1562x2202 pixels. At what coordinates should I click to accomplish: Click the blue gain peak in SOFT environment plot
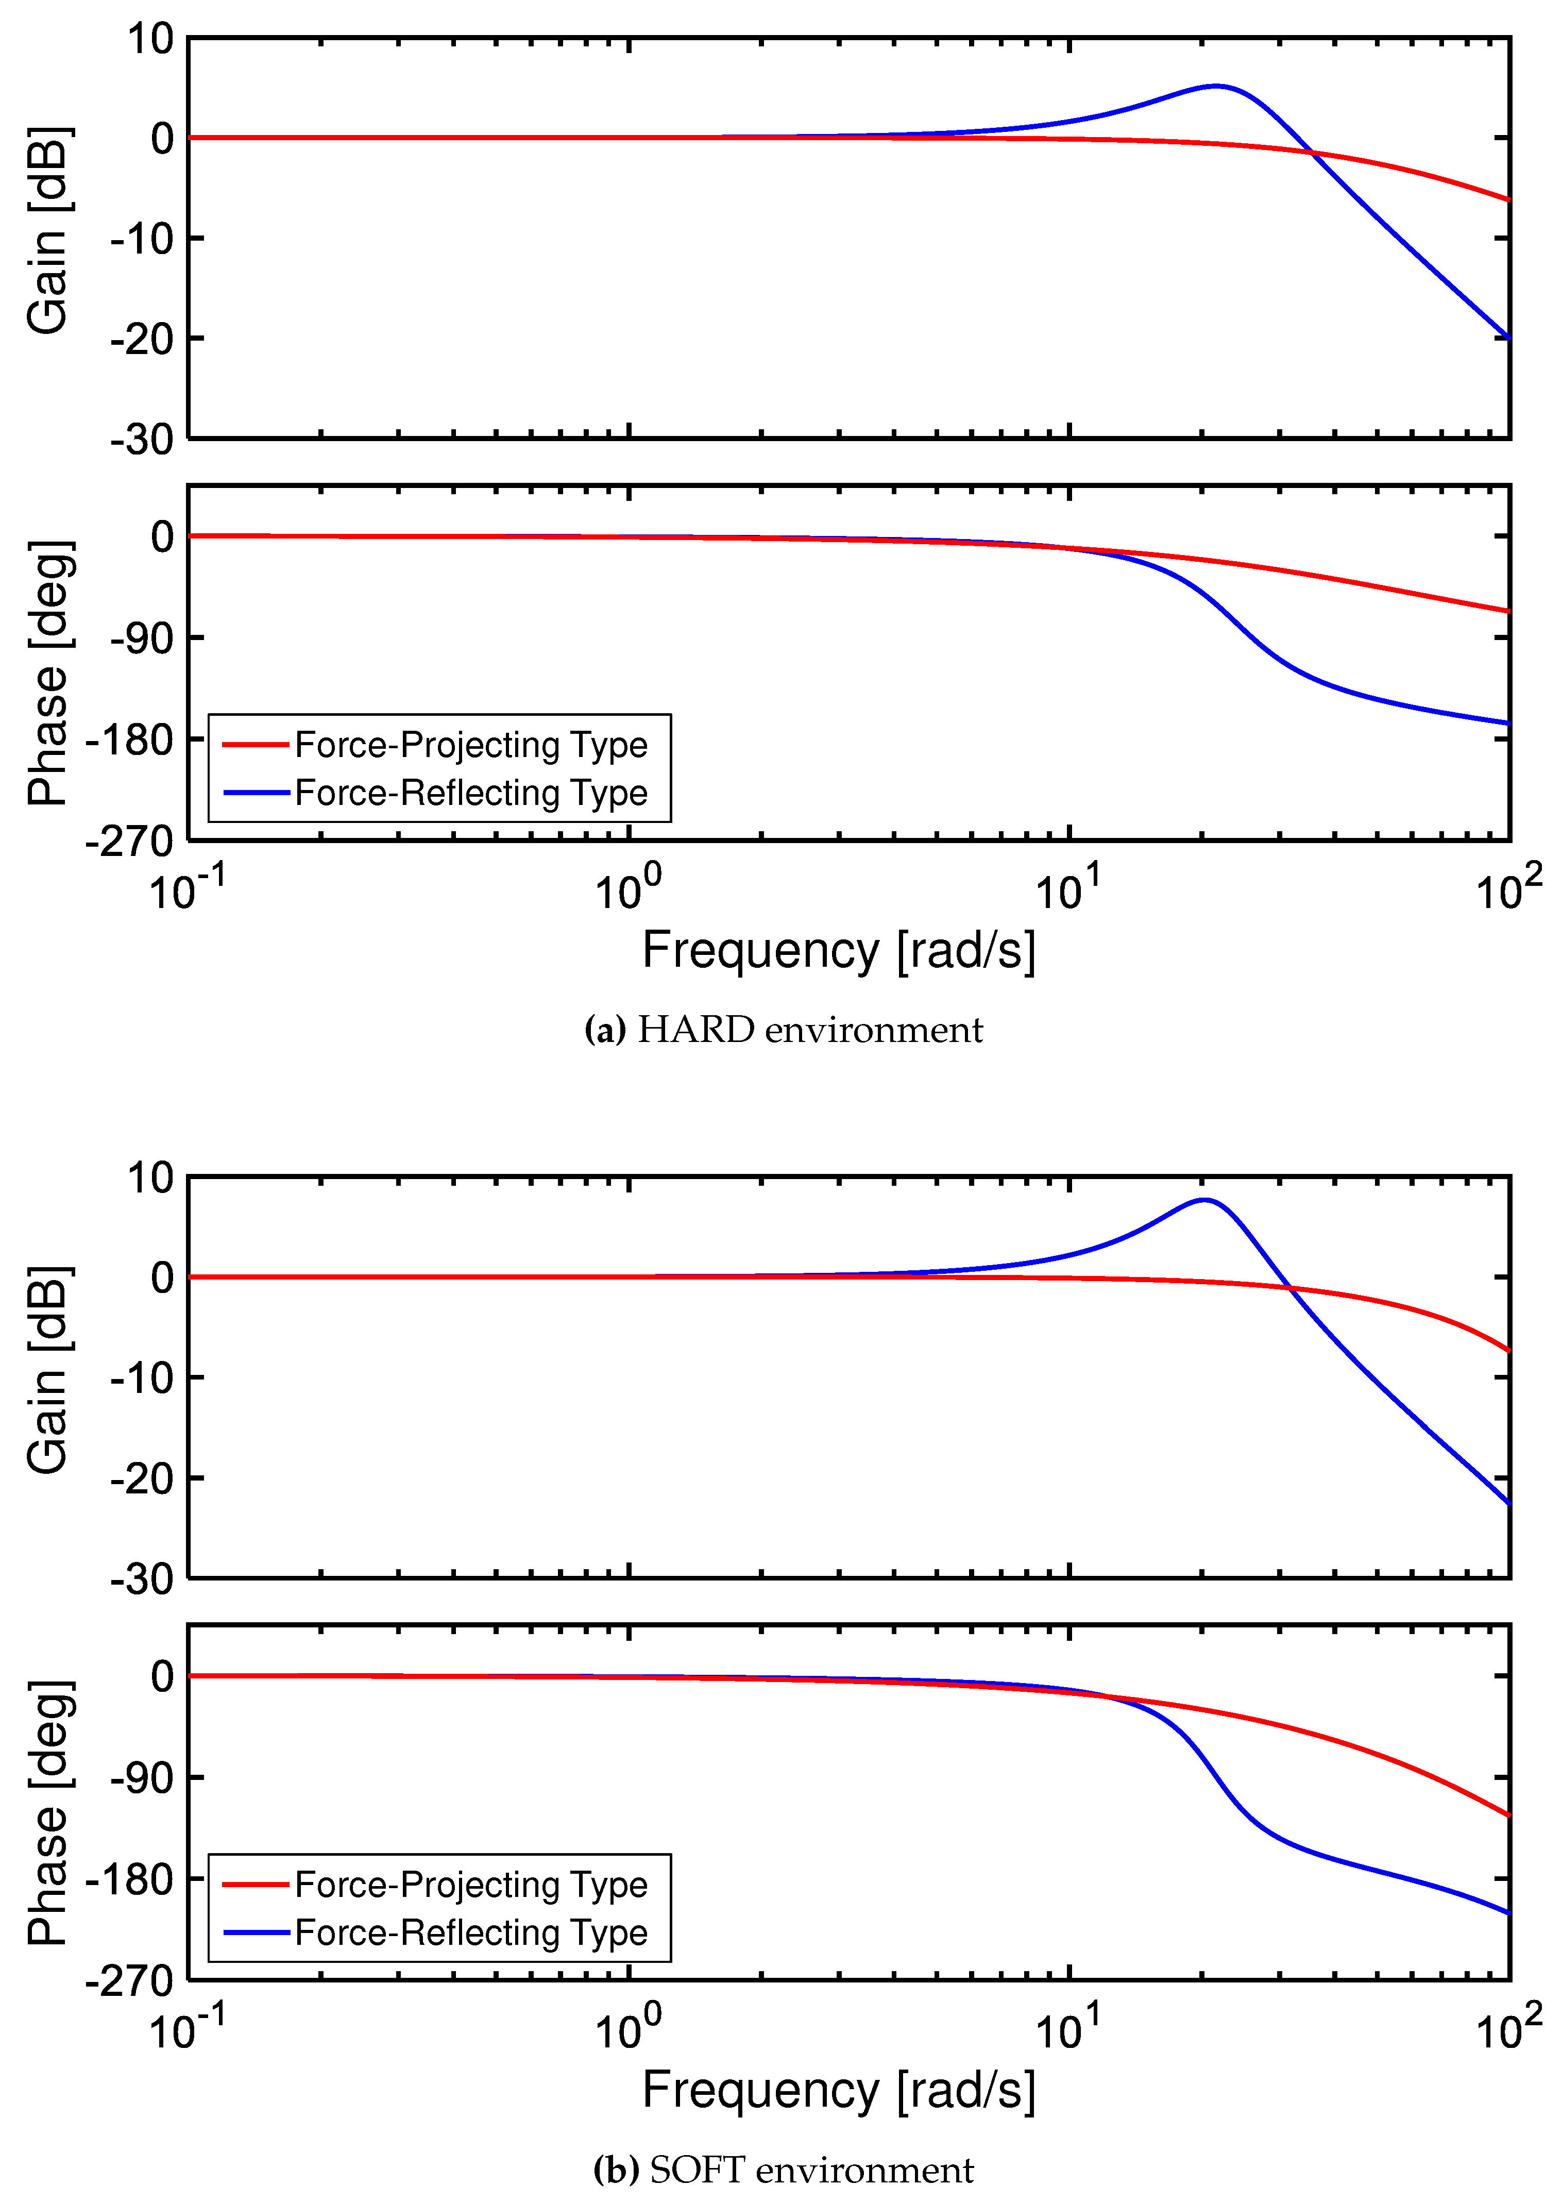pos(1204,1200)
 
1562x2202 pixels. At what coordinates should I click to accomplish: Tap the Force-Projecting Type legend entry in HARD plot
pos(470,745)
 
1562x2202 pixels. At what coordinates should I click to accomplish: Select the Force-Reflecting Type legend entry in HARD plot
pos(470,793)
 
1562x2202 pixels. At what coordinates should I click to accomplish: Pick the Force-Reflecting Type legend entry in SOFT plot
pos(470,1932)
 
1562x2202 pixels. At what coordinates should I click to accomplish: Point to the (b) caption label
pos(616,2170)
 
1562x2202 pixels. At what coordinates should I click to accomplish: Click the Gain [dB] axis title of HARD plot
pos(48,231)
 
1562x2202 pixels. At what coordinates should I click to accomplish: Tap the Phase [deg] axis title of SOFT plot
pos(48,1813)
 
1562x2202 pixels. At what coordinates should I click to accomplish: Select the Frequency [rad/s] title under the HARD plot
pos(839,950)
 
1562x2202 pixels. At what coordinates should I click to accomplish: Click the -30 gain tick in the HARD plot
pos(142,440)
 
